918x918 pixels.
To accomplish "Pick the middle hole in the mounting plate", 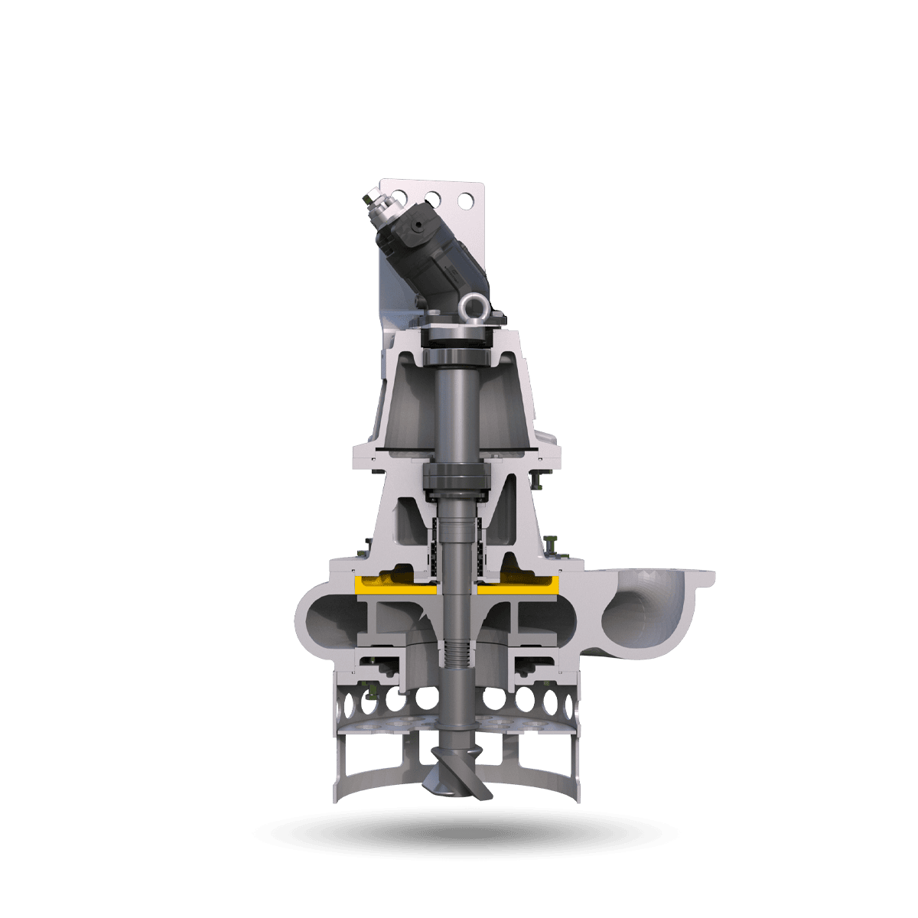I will tap(434, 198).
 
